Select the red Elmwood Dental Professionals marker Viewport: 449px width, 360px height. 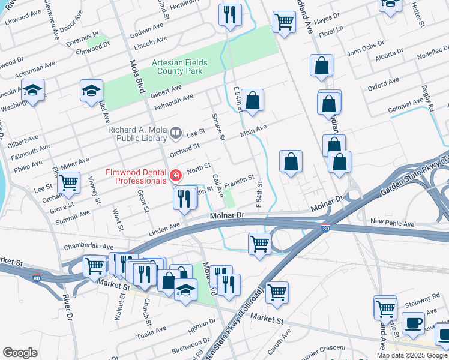tap(176, 176)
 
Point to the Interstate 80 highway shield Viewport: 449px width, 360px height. tap(325, 227)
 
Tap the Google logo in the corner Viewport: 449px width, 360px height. tap(20, 353)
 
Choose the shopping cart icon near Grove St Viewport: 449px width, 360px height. tap(69, 182)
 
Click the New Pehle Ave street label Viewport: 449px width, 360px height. tap(392, 223)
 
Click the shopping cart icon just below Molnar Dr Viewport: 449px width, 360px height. tap(259, 244)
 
